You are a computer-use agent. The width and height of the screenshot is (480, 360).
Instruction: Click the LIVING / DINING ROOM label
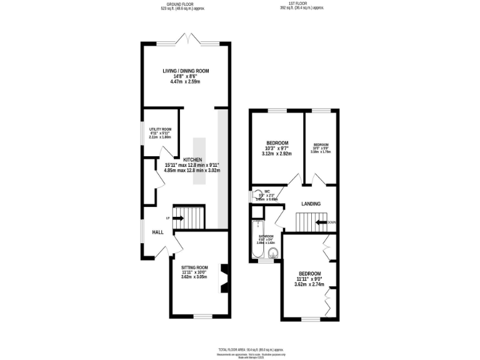[x=186, y=71]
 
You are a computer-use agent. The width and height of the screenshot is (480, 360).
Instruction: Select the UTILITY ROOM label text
[x=160, y=129]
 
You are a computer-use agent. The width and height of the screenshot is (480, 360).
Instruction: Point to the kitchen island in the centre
[x=199, y=161]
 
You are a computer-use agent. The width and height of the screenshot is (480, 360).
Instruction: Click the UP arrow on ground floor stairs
[x=178, y=218]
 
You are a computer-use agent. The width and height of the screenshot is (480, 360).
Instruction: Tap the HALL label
[x=158, y=232]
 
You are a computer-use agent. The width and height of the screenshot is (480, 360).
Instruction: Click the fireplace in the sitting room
[x=224, y=279]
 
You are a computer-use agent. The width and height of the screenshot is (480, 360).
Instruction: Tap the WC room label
[x=267, y=191]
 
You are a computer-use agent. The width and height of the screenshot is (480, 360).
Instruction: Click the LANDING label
[x=311, y=204]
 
